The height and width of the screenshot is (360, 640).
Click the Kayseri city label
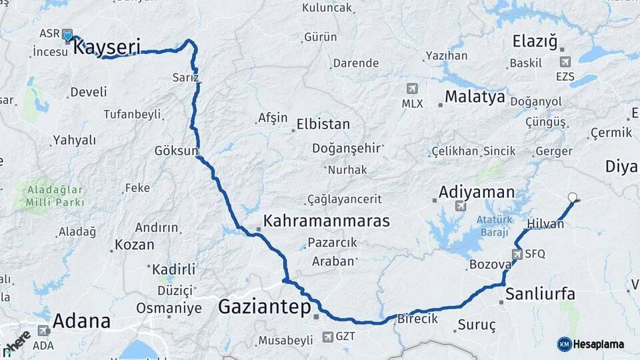[106, 47]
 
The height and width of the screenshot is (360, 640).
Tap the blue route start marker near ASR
[67, 35]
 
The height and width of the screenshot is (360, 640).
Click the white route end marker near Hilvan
[572, 197]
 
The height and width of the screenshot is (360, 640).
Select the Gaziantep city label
[265, 307]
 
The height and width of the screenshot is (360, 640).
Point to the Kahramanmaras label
[326, 221]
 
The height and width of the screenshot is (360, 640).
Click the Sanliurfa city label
[540, 294]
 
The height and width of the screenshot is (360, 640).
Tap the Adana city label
[81, 321]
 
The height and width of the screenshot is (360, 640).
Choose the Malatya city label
[475, 97]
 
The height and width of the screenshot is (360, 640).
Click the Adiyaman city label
[476, 193]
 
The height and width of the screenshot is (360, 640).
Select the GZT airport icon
[328, 337]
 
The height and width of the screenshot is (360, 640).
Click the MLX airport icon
[412, 89]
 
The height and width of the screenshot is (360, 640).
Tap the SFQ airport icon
[517, 254]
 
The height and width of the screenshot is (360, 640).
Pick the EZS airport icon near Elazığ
[565, 62]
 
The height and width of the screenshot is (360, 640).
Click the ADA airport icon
[43, 331]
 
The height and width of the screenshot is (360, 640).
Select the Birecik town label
[417, 319]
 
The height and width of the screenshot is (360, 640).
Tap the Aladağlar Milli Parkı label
[56, 196]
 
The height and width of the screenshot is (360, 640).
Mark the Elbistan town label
[323, 124]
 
